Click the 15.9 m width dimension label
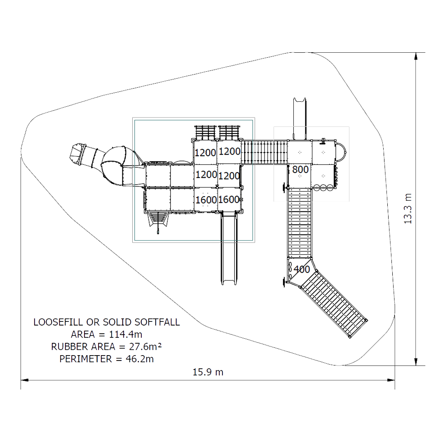[208, 372]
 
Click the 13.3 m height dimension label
[408, 209]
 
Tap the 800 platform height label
[300, 169]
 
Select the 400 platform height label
[302, 269]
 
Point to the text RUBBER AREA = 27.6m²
[106, 347]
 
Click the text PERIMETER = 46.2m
[106, 359]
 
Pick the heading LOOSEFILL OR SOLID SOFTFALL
[106, 322]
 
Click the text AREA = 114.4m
[106, 334]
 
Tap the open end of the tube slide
[77, 155]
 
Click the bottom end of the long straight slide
[229, 283]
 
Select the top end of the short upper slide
[300, 100]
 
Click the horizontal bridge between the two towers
[265, 152]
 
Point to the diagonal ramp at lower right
[334, 304]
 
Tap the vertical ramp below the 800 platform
[300, 223]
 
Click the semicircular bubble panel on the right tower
[341, 152]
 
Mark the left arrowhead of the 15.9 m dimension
[25, 380]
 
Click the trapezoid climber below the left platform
[158, 219]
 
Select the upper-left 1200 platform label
[205, 153]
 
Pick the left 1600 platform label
[206, 200]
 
